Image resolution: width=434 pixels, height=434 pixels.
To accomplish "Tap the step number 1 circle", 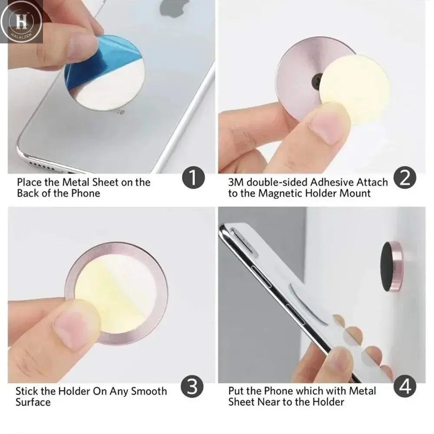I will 194,179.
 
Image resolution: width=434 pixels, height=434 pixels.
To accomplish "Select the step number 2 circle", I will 404,179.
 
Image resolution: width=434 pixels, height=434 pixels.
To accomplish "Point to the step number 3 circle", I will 194,385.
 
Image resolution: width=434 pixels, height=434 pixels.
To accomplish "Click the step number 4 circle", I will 404,385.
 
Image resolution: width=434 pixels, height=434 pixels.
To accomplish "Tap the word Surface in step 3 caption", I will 33,402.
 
